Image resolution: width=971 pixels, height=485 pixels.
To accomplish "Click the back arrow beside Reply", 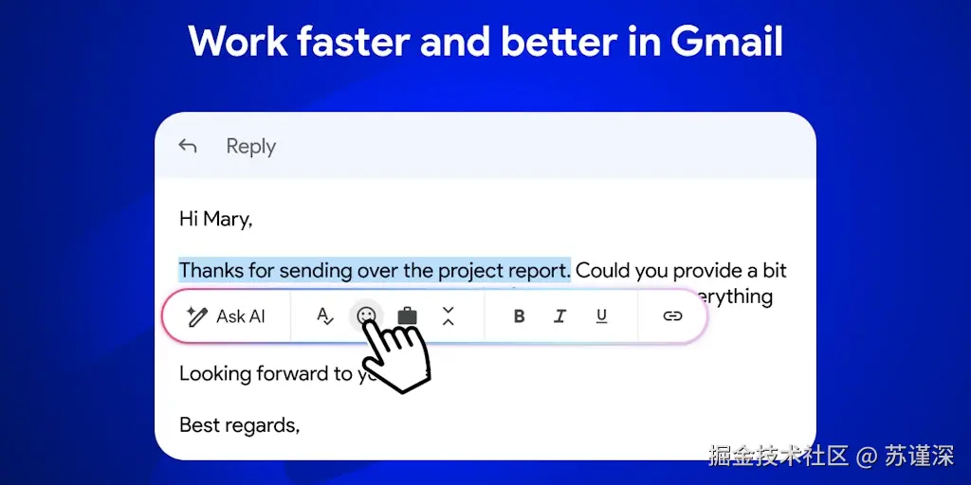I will coord(188,146).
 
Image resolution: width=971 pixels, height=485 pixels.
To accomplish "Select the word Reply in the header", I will coord(250,147).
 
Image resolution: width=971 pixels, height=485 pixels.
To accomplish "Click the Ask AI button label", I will coord(241,316).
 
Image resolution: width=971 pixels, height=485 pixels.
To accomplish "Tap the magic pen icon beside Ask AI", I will coord(197,316).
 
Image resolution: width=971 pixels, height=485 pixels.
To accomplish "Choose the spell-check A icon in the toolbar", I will coord(325,316).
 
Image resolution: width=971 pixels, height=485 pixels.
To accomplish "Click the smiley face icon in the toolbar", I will coord(366,315).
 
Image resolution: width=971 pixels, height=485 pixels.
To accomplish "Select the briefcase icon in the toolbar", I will coord(407,315).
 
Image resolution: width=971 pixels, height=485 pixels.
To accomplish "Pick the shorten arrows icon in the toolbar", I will coord(449,316).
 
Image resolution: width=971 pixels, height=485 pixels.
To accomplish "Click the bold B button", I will coord(519,316).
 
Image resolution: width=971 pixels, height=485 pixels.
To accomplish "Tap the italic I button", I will coord(560,316).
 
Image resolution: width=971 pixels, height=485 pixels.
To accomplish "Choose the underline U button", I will coord(601,316).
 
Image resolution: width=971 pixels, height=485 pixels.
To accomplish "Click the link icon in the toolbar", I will coord(672,316).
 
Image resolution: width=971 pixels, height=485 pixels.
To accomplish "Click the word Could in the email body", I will coord(603,271).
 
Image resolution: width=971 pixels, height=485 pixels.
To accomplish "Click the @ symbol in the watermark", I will coord(867,456).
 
